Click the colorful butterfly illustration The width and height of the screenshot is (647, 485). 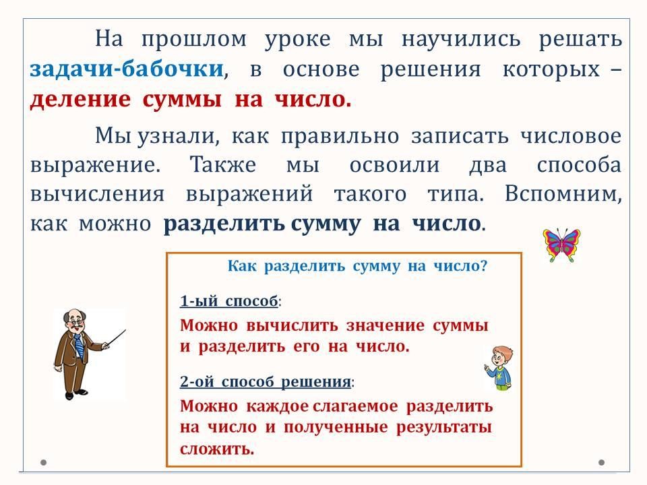pyautogui.click(x=561, y=245)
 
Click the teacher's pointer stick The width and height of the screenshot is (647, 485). pyautogui.click(x=115, y=338)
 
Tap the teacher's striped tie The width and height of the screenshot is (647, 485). pyautogui.click(x=78, y=347)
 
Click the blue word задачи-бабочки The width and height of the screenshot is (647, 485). pyautogui.click(x=127, y=69)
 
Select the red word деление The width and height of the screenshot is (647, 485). pyautogui.click(x=80, y=100)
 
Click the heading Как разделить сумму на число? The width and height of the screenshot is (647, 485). pyautogui.click(x=357, y=265)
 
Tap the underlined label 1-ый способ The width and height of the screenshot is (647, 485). pyautogui.click(x=229, y=301)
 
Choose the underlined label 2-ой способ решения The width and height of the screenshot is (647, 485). pyautogui.click(x=266, y=381)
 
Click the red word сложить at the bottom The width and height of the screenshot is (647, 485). pyautogui.click(x=216, y=449)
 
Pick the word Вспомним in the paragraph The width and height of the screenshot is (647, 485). pyautogui.click(x=563, y=194)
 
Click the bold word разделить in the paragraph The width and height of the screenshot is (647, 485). pyautogui.click(x=224, y=224)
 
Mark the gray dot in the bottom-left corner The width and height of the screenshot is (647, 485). pyautogui.click(x=43, y=462)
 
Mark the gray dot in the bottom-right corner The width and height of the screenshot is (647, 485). pyautogui.click(x=602, y=462)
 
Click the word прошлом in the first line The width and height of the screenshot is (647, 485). pyautogui.click(x=194, y=40)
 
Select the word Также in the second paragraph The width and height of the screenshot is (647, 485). pyautogui.click(x=223, y=165)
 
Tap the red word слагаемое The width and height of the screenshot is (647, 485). pyautogui.click(x=355, y=407)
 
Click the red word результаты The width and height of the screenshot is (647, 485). pyautogui.click(x=444, y=428)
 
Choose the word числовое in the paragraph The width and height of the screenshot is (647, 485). pyautogui.click(x=571, y=136)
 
